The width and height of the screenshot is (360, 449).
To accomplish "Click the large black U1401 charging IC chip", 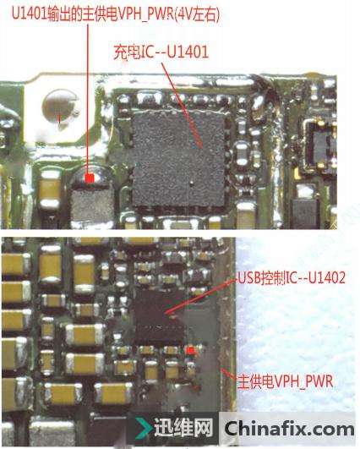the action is [178, 158].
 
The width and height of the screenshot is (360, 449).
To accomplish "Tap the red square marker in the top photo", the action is [90, 178].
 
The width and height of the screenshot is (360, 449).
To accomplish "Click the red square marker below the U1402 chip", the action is [190, 350].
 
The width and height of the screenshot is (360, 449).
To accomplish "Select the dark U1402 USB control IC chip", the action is [160, 317].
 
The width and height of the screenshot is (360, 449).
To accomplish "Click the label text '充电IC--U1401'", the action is [161, 52].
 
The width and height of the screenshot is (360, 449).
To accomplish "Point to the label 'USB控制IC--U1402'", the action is [292, 277].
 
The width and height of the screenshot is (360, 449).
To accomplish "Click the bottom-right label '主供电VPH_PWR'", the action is [286, 381].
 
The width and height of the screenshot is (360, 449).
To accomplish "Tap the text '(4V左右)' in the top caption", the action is [197, 14].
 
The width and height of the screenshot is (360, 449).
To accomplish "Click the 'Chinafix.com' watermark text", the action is [289, 429].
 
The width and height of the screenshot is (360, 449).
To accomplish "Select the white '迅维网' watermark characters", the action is [183, 428].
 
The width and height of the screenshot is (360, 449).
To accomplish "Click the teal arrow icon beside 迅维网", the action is [144, 428].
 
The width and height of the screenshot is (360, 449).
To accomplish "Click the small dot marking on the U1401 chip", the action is [192, 182].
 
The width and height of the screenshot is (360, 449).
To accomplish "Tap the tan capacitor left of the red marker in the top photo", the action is [50, 189].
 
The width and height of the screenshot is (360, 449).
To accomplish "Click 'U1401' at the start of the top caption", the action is [29, 14].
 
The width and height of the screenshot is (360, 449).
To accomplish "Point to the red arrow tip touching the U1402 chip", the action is [166, 314].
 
